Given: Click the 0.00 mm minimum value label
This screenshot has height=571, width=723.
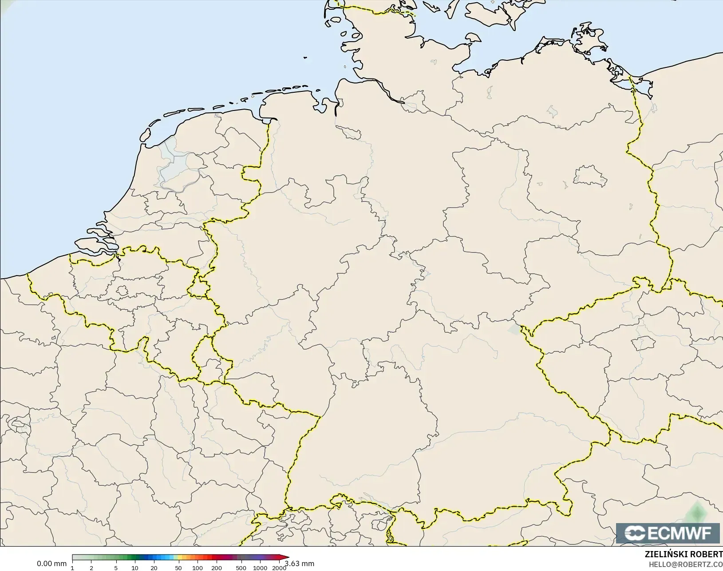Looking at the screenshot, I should [51, 563].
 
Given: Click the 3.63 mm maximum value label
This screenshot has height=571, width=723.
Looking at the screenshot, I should [300, 563].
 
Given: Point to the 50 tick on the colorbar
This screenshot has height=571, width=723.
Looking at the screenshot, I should [178, 568].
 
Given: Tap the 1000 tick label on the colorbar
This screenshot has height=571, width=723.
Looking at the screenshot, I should [260, 568].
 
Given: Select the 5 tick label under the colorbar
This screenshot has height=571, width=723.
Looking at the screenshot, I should [116, 568].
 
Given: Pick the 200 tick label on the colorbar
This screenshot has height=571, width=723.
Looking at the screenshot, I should [217, 568].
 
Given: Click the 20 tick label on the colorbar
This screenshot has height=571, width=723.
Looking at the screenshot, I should [154, 568].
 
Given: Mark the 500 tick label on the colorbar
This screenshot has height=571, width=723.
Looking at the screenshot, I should [241, 568].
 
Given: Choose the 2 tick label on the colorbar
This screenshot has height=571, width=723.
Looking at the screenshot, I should [91, 568].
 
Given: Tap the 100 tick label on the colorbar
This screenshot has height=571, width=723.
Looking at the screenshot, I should [198, 568].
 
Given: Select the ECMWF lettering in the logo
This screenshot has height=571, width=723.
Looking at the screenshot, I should [679, 533].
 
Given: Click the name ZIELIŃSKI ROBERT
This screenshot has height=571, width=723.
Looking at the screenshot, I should [683, 555].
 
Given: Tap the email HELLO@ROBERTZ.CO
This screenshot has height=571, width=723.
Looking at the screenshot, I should [686, 564].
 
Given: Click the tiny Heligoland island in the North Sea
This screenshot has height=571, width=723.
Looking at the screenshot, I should [305, 57].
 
